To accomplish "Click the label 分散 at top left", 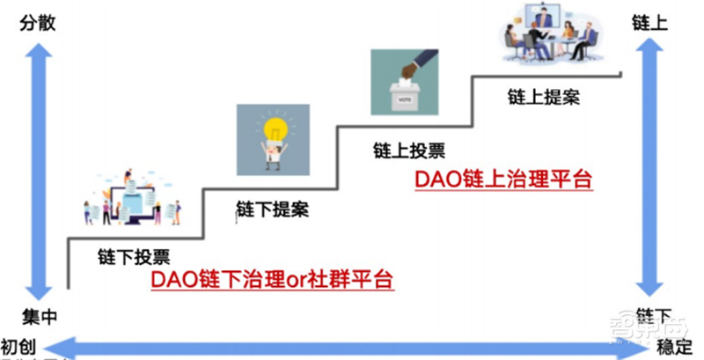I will click(x=37, y=24).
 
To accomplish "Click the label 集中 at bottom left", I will click(x=37, y=314).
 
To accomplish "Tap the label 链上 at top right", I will click(x=649, y=24).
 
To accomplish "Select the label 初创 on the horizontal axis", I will click(x=19, y=343).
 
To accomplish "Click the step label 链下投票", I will click(x=133, y=256).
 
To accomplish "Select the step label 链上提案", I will click(x=543, y=96).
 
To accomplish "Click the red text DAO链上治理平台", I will click(x=502, y=180).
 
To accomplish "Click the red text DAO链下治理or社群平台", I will click(x=271, y=280).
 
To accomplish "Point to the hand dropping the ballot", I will click(x=414, y=63).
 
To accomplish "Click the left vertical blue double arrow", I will click(x=37, y=172).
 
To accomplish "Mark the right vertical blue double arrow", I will click(x=649, y=172).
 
